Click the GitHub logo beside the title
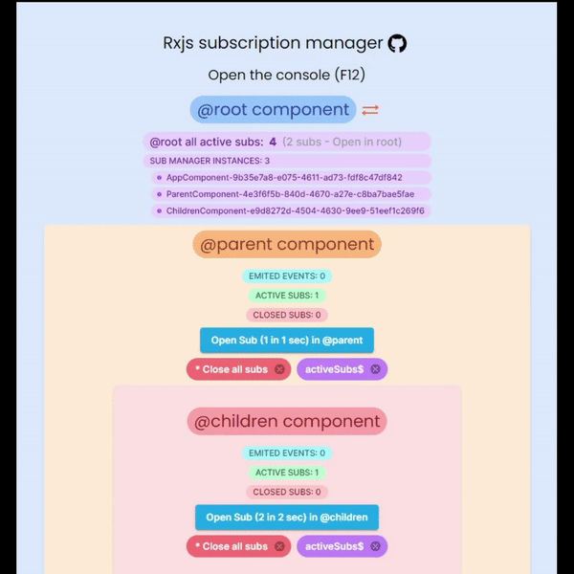point(397,44)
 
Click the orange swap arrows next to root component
point(370,110)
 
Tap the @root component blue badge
point(273,109)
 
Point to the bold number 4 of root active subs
point(273,142)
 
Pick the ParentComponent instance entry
point(291,194)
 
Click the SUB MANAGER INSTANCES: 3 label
point(210,161)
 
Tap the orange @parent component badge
point(287,244)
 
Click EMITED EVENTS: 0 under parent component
point(287,276)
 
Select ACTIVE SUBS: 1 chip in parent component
point(287,296)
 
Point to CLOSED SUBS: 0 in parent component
point(287,315)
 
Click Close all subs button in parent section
point(238,369)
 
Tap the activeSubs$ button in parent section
point(342,369)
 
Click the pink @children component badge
point(287,421)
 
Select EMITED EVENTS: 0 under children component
point(287,453)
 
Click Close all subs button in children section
point(238,546)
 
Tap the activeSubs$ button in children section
point(342,546)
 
